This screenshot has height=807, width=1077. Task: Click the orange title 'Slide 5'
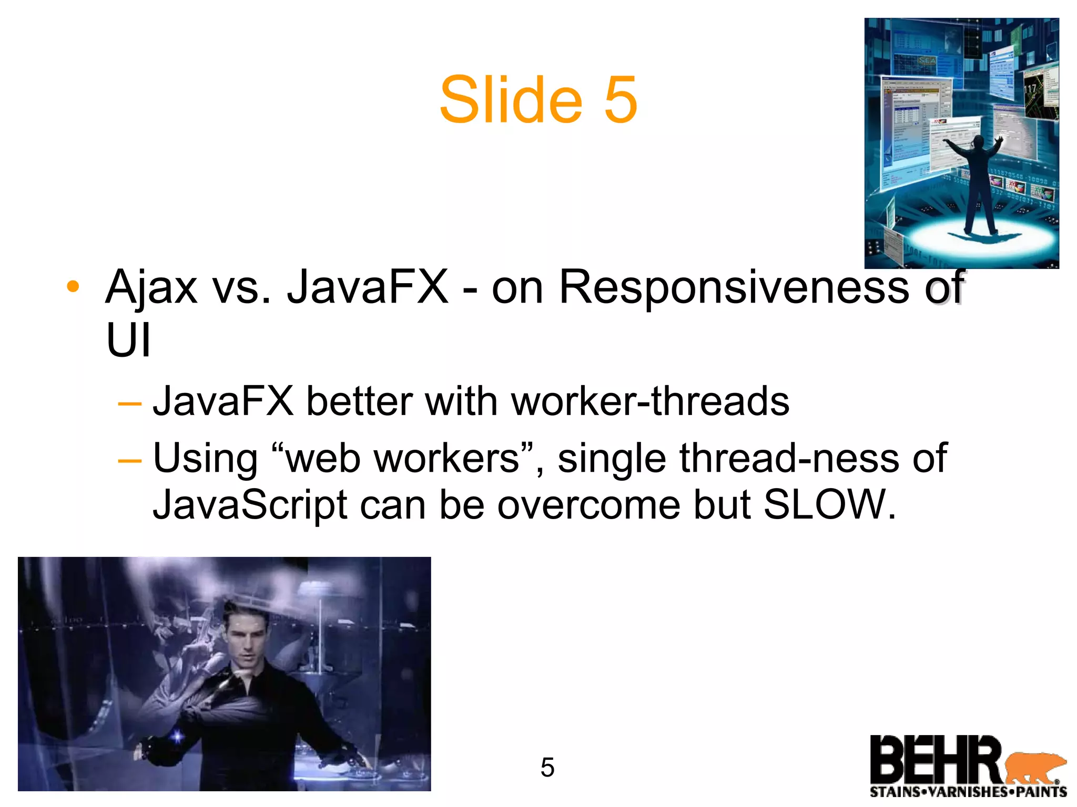pyautogui.click(x=538, y=100)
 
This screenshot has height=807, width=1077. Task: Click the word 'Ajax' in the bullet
pyautogui.click(x=151, y=287)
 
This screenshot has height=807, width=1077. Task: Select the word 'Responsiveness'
pyautogui.click(x=734, y=287)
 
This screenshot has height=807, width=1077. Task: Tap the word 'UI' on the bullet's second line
pyautogui.click(x=128, y=340)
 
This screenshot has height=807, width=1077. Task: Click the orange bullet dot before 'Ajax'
pyautogui.click(x=73, y=287)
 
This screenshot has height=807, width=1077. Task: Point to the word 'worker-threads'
pyautogui.click(x=650, y=401)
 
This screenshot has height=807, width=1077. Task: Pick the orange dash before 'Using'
pyautogui.click(x=129, y=461)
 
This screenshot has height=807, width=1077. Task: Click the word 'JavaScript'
pyautogui.click(x=250, y=504)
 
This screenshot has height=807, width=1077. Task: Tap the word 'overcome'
pyautogui.click(x=588, y=504)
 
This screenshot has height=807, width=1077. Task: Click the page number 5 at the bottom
pyautogui.click(x=547, y=768)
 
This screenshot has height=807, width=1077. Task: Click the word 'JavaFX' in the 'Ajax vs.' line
pyautogui.click(x=368, y=287)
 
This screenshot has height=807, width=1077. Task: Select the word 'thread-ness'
pyautogui.click(x=788, y=458)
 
